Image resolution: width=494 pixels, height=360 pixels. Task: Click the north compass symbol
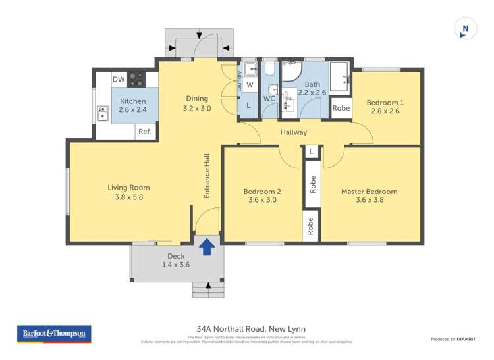pos(465,28)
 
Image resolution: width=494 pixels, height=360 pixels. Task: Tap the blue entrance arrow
pos(207,246)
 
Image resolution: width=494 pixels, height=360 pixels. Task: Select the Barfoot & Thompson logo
pos(53,334)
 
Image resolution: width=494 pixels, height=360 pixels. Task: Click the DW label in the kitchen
pos(119,80)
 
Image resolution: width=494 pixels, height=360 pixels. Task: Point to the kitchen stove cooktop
pos(136,80)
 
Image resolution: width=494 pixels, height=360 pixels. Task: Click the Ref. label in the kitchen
pos(145,132)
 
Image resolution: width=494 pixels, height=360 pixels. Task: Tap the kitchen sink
pos(103,116)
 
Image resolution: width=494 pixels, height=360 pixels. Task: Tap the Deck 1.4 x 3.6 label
pos(176,260)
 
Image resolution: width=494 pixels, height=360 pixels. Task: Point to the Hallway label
pos(293,132)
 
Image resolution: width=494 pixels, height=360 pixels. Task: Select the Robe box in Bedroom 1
pos(341,109)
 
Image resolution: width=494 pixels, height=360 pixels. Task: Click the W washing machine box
pos(249,85)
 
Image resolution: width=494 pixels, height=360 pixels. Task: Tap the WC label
pos(269,99)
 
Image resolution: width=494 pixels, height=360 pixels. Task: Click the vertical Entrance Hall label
pos(206,174)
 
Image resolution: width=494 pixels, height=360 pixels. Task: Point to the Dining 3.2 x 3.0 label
pos(196,103)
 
